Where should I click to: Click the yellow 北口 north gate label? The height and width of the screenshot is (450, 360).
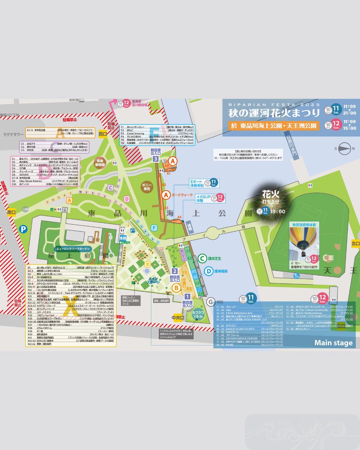coord(355,244)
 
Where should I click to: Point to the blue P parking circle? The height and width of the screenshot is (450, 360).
coord(23,228)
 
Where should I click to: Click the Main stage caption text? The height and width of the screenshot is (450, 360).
coord(333,343)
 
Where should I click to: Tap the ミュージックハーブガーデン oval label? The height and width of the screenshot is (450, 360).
coord(74,249)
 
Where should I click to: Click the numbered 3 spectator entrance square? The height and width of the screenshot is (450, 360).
coord(155,159)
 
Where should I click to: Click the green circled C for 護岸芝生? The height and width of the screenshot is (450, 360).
coord(202,258)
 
